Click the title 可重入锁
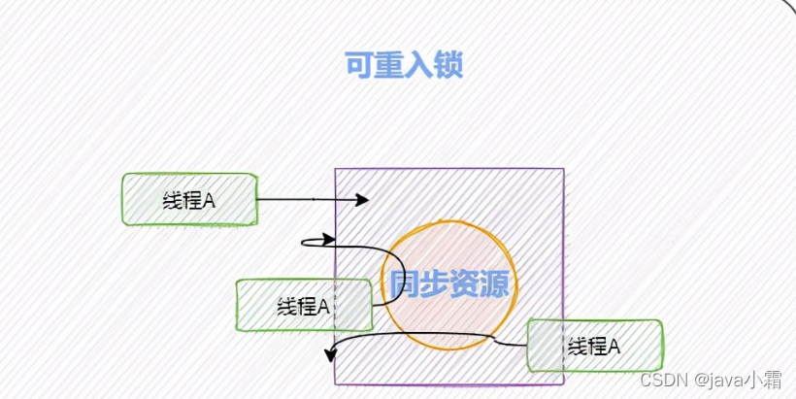pyautogui.click(x=404, y=64)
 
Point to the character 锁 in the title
pyautogui.click(x=448, y=64)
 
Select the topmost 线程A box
pyautogui.click(x=189, y=199)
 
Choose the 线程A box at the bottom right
pyautogui.click(x=594, y=346)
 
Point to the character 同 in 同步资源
pyautogui.click(x=406, y=284)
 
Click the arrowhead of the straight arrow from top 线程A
pyautogui.click(x=363, y=200)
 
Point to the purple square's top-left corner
pyautogui.click(x=336, y=170)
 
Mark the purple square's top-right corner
pyautogui.click(x=563, y=170)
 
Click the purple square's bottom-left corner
pyautogui.click(x=336, y=384)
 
